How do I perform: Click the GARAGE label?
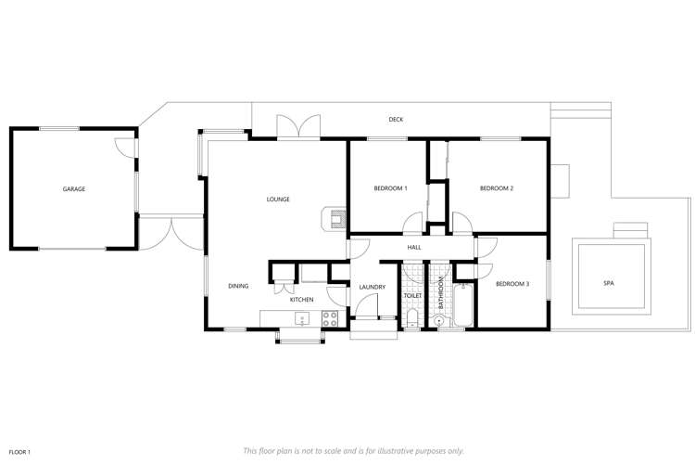coord(74,189)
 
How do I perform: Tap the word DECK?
coord(396,120)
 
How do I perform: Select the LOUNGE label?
coord(278,200)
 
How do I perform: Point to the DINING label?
coord(238,286)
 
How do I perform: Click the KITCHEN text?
coord(302,300)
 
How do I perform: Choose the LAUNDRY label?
coord(372,287)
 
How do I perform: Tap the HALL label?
coord(414,248)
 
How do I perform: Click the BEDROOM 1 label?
coord(390,189)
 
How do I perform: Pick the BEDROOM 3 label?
coord(512,284)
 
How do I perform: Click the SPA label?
coord(609,283)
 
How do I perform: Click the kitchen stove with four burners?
coord(330,318)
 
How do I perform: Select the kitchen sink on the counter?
coord(301,319)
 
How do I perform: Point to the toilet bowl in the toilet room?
coord(411,321)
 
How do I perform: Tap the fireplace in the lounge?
coord(333,218)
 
